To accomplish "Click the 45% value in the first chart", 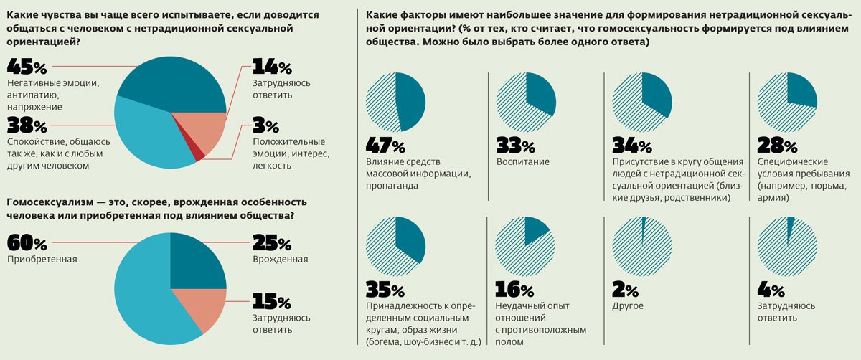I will click(x=27, y=68).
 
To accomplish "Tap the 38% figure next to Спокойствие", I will click(x=27, y=125).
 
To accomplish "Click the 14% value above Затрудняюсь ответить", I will click(x=272, y=68).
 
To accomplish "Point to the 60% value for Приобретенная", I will click(x=27, y=244).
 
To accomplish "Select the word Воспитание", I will click(x=523, y=161).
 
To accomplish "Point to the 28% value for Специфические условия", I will click(x=777, y=146).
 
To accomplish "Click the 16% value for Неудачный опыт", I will click(x=514, y=290).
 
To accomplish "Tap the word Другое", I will click(x=628, y=306).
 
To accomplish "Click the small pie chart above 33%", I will click(x=525, y=102).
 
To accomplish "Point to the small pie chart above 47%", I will click(x=395, y=102).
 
